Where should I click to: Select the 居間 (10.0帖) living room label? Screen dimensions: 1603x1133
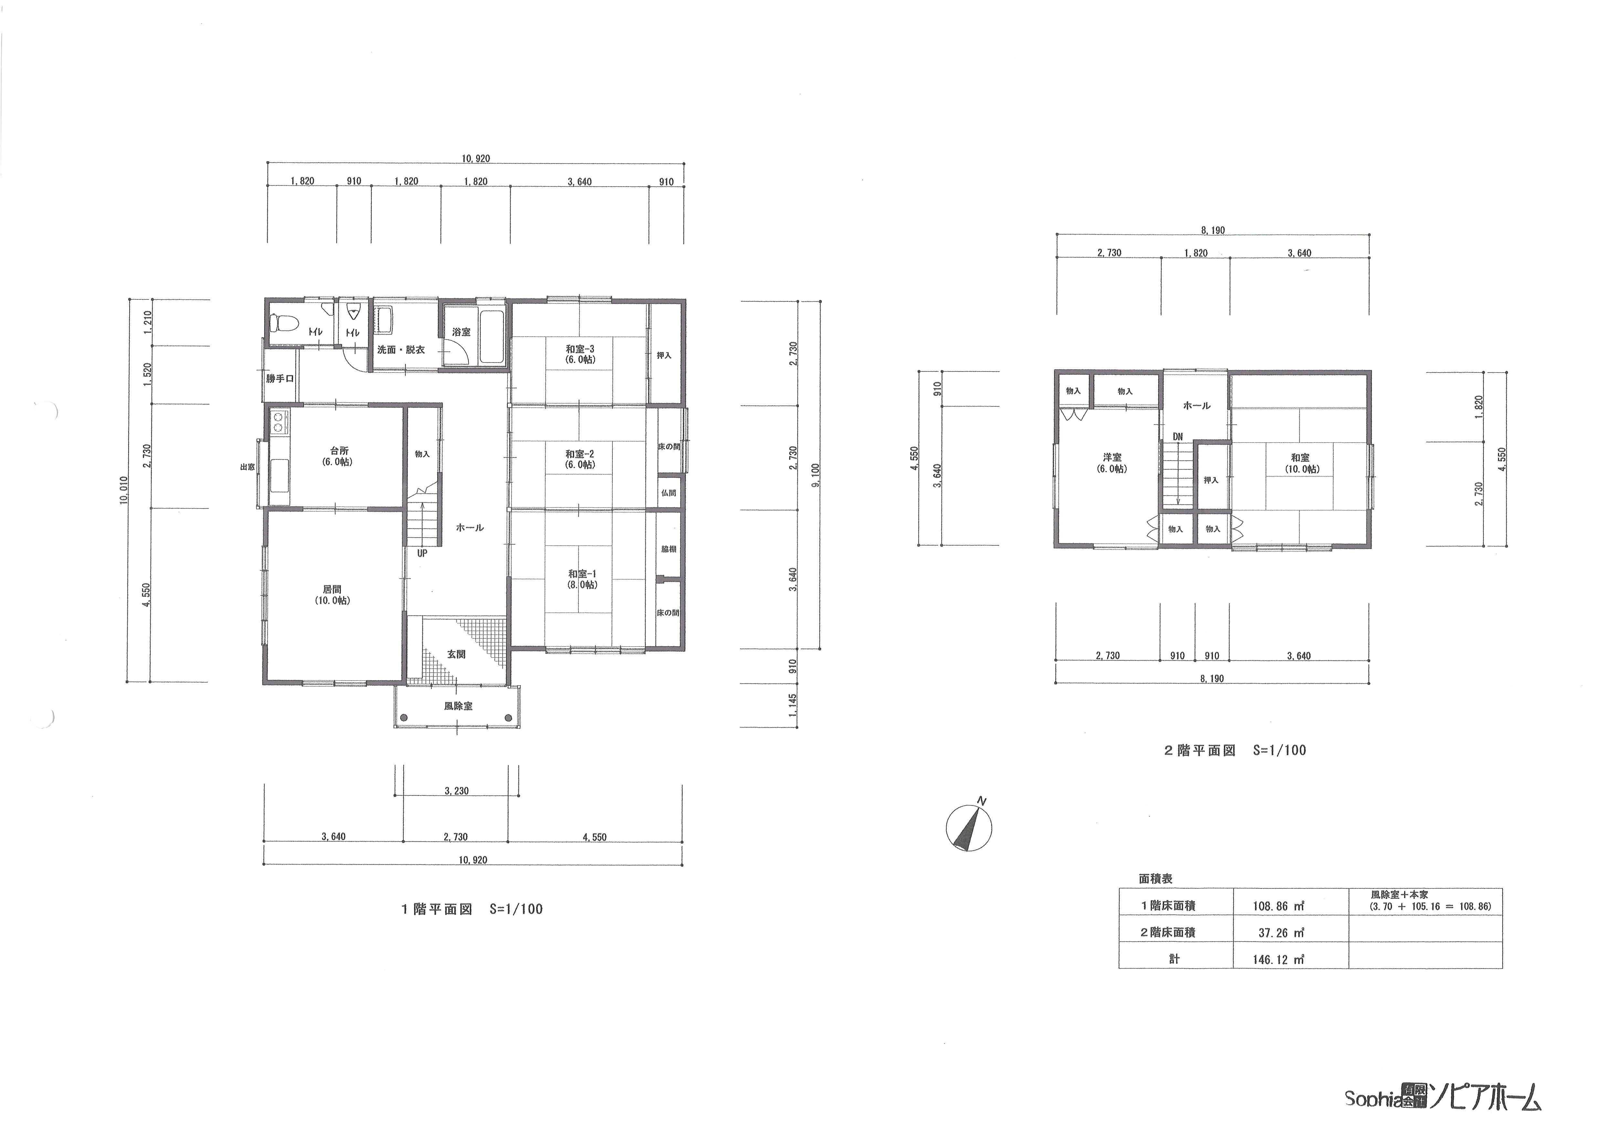click(x=332, y=595)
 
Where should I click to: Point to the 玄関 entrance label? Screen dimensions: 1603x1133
click(x=457, y=654)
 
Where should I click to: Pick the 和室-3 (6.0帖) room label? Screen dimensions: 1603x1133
click(x=580, y=354)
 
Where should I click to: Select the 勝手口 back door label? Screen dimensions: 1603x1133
click(x=280, y=378)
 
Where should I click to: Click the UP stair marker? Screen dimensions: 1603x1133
click(x=422, y=553)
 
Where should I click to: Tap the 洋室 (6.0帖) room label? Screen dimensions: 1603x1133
click(x=1112, y=463)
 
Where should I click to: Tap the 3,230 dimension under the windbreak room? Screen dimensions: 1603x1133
click(x=457, y=791)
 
